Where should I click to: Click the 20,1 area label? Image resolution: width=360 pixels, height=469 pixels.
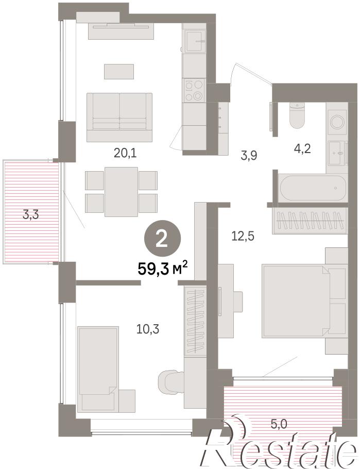click(125, 154)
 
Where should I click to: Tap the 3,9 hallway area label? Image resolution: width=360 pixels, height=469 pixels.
click(249, 156)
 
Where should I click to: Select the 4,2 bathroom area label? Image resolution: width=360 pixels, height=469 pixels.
click(303, 148)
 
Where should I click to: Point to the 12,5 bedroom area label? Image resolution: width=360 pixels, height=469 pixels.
click(243, 236)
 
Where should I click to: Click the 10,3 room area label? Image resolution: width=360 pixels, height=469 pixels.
click(148, 329)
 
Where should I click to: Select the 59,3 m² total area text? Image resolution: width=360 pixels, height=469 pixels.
click(163, 269)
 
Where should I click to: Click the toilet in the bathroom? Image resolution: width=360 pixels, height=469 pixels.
click(297, 115)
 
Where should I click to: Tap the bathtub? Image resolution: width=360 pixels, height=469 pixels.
click(313, 188)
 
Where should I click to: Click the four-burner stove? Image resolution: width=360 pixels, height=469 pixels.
click(194, 91)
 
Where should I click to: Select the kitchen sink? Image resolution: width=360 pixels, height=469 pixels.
click(194, 42)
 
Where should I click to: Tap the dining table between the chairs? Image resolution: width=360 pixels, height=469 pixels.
click(122, 192)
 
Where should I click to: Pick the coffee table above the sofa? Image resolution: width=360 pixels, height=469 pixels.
click(119, 72)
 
